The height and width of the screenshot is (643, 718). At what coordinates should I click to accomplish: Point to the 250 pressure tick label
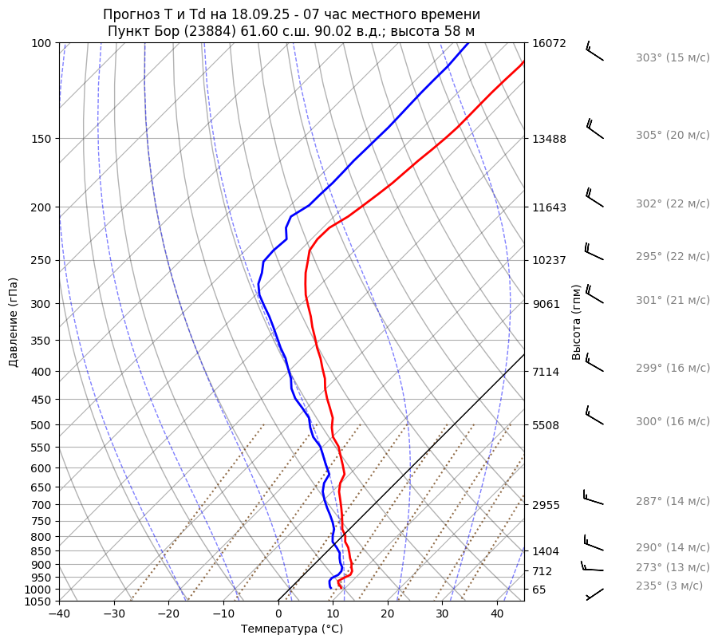click(41, 260)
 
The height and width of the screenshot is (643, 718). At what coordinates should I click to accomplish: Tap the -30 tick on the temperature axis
click(114, 614)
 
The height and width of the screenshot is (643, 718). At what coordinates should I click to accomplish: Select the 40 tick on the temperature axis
click(497, 614)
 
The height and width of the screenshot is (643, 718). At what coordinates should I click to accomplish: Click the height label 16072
click(549, 43)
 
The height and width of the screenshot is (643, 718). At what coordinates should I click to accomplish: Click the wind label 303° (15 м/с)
click(672, 58)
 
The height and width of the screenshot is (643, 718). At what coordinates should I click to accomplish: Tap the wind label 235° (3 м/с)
click(669, 586)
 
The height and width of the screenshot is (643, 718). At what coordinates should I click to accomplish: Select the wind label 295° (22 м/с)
click(672, 257)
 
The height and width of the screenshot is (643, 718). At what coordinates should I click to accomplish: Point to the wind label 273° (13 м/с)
click(672, 567)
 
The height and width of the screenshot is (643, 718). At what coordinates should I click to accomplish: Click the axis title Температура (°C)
click(292, 629)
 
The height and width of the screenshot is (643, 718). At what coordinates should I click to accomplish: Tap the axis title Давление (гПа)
click(14, 322)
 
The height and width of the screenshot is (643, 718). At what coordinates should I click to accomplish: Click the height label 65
click(538, 590)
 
